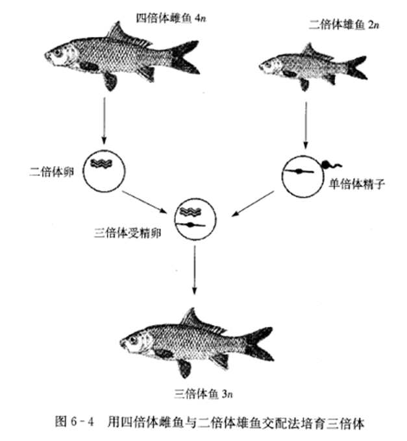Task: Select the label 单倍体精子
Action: pyautogui.click(x=354, y=184)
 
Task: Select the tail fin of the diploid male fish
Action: pyautogui.click(x=356, y=67)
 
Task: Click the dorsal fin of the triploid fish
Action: pyautogui.click(x=193, y=318)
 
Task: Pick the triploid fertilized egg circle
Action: pyautogui.click(x=195, y=219)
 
